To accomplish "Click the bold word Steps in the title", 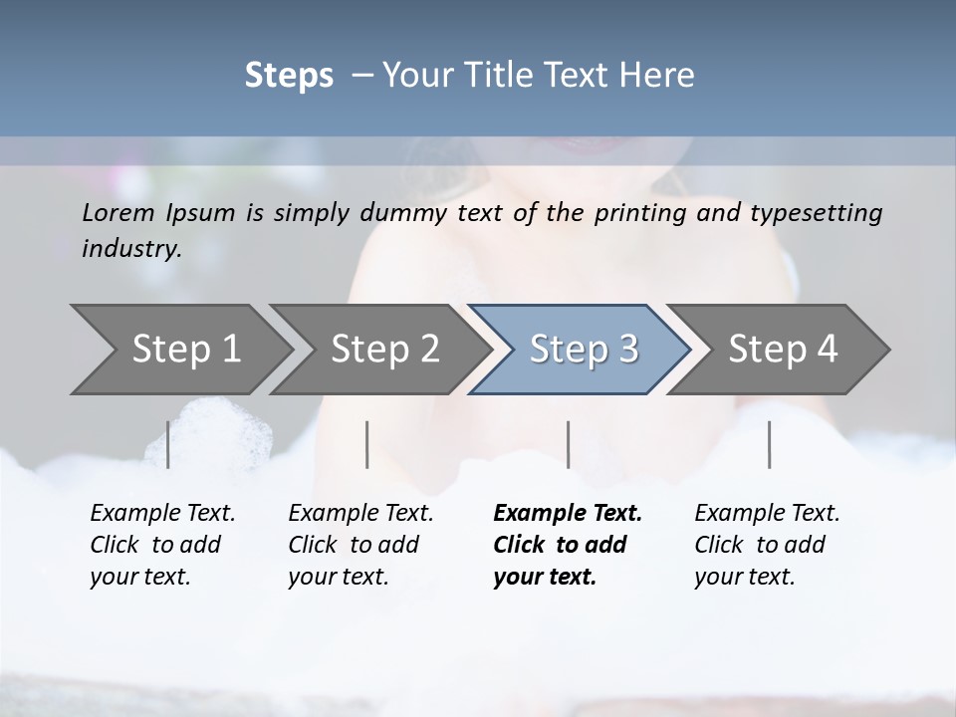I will [289, 76].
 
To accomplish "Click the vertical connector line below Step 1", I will [167, 444].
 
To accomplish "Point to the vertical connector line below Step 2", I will [367, 444].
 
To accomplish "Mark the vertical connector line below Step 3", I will [568, 444].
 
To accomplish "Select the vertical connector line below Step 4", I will [769, 444].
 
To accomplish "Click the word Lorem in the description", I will [116, 213].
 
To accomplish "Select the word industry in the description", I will [129, 249].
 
